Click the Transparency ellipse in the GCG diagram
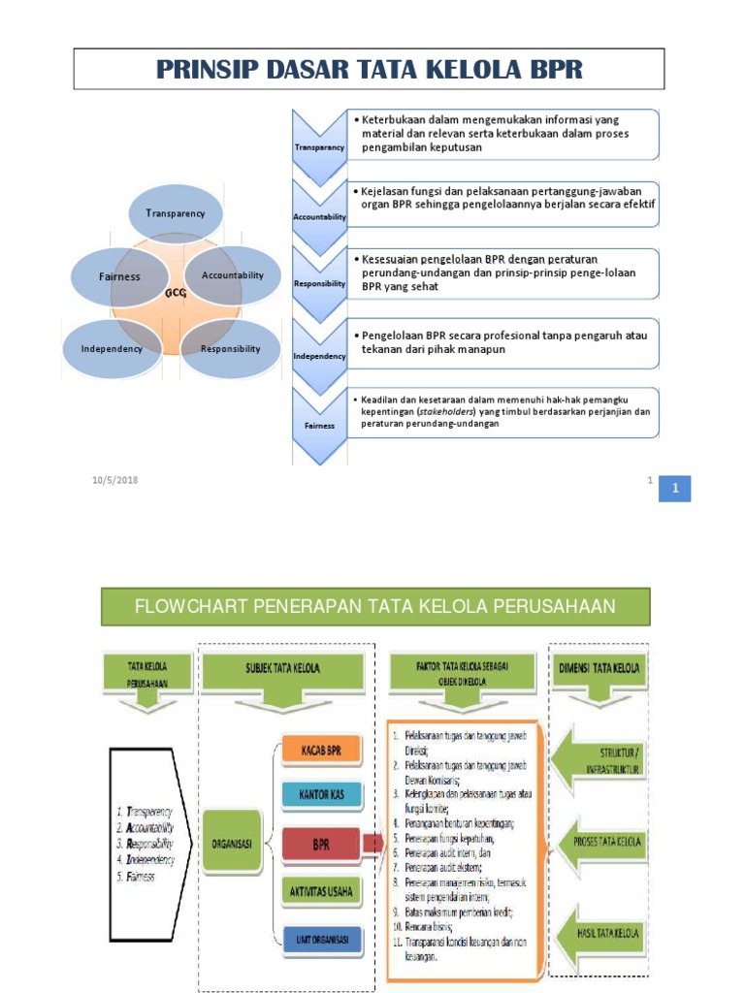click(x=175, y=213)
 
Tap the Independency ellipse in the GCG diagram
click(x=112, y=348)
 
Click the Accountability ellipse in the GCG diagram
click(x=233, y=275)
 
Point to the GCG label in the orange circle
click(x=176, y=292)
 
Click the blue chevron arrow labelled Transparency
click(x=319, y=145)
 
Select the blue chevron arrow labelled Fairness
click(x=319, y=424)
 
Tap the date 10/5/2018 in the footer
click(x=115, y=480)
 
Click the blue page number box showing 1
click(x=674, y=490)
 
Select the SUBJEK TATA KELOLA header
click(x=282, y=668)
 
